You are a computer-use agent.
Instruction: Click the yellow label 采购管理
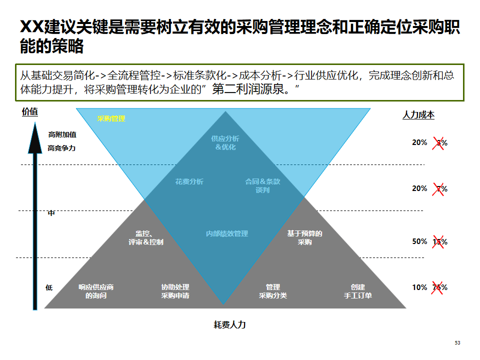(111, 118)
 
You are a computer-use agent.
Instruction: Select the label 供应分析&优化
(225, 142)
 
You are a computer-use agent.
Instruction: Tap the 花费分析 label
(189, 181)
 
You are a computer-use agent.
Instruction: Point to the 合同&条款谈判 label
(262, 185)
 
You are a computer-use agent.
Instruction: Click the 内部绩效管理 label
(227, 233)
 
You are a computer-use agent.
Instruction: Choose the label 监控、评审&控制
(145, 237)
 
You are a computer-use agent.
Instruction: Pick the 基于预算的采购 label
(304, 237)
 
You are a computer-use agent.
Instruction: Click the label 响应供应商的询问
(96, 291)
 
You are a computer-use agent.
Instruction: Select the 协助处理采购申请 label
(175, 291)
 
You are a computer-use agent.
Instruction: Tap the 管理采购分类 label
(273, 291)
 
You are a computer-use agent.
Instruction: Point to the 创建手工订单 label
(357, 291)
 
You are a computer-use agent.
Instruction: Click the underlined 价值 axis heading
(30, 112)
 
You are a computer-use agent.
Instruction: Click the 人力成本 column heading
(418, 115)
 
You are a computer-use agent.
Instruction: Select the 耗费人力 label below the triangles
(230, 324)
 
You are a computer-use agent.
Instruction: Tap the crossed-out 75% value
(440, 287)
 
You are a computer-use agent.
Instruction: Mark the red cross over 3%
(439, 143)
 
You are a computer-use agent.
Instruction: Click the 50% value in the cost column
(419, 241)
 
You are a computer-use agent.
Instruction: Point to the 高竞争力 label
(61, 148)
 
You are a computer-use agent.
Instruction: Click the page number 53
(457, 342)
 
